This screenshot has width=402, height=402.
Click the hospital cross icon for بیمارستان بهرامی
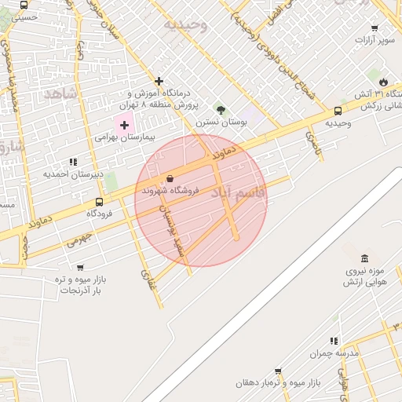click(124, 124)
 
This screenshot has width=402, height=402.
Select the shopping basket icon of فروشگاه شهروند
click(170, 179)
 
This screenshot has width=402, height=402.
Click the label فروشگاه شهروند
click(170, 191)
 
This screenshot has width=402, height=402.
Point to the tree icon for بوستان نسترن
click(221, 110)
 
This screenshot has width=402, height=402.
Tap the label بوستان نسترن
click(221, 122)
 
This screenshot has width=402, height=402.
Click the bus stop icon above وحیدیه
click(338, 111)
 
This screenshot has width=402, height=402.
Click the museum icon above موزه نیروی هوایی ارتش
click(364, 258)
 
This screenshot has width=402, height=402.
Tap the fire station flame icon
click(383, 82)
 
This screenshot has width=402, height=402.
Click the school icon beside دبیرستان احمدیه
click(73, 162)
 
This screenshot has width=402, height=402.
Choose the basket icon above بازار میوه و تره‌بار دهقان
click(278, 371)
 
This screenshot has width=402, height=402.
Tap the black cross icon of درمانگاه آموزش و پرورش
click(159, 81)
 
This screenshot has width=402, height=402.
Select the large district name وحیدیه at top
click(186, 24)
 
